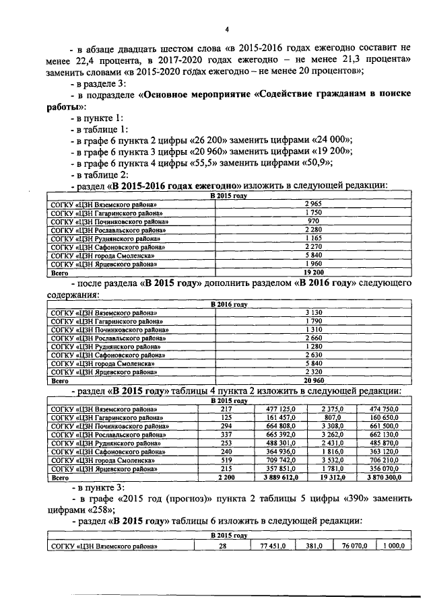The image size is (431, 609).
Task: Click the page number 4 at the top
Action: [x=227, y=30]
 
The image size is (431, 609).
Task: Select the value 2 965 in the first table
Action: [x=312, y=203]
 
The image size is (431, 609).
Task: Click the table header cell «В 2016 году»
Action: [x=229, y=304]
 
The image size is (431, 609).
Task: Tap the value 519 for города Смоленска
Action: [x=226, y=460]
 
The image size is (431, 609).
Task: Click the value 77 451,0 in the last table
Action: [x=273, y=546]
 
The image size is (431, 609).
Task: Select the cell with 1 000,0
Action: [x=393, y=546]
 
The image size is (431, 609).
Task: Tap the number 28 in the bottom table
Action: [x=223, y=546]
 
